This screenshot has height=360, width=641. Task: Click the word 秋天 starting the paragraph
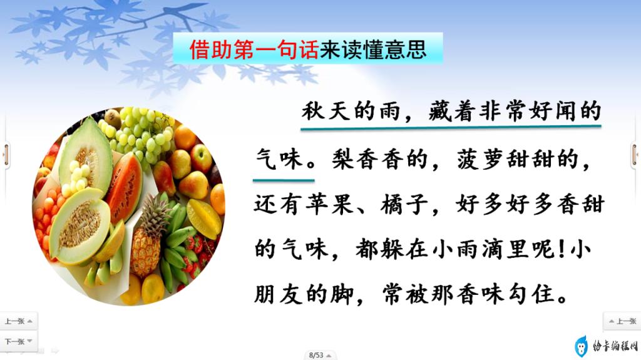pos(326,111)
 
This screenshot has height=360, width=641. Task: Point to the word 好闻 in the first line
pos(553,111)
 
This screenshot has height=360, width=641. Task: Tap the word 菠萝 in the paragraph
pos(480,159)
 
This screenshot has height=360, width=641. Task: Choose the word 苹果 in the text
pos(329,204)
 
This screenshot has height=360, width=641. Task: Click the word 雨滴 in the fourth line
pos(481,249)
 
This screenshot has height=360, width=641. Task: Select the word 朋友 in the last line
pos(279,294)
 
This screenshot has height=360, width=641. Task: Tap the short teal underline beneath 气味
pos(284,180)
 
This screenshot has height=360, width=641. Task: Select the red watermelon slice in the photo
pos(124,188)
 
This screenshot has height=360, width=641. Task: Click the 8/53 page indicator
pos(316,355)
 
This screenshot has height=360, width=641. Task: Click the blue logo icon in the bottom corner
pos(580,347)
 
